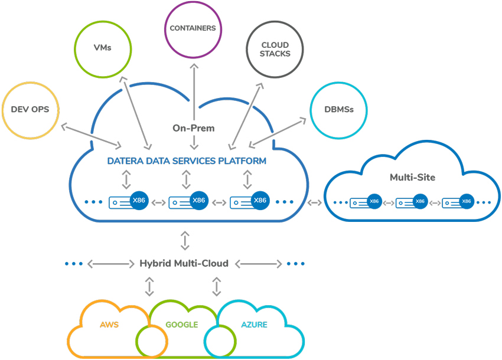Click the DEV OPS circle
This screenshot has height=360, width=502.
[x=2, y=110]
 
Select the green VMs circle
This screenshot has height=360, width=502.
[x=74, y=50]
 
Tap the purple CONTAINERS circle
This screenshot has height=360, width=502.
[x=165, y=30]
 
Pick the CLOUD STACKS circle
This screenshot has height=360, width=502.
[x=247, y=50]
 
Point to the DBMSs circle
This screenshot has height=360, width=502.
[x=311, y=110]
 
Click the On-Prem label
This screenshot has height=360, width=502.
[x=193, y=128]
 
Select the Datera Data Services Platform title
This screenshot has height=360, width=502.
[x=187, y=161]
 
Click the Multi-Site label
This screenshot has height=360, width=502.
[x=412, y=177]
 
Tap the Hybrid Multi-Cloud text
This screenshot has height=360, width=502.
[x=184, y=263]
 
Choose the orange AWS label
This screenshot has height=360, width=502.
[x=109, y=325]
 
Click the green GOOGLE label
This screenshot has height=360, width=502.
[x=181, y=325]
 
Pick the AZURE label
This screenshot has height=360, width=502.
[x=254, y=325]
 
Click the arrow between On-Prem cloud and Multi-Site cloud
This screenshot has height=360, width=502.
[x=314, y=202]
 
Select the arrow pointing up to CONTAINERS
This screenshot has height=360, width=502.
[x=194, y=92]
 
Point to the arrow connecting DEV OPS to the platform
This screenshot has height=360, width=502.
[x=91, y=136]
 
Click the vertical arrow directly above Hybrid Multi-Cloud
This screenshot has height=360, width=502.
[x=185, y=241]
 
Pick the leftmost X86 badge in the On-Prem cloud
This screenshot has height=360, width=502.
[x=139, y=200]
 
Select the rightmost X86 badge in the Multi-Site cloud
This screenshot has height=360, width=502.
[x=466, y=201]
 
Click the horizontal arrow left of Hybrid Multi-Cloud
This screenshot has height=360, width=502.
[x=111, y=264]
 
